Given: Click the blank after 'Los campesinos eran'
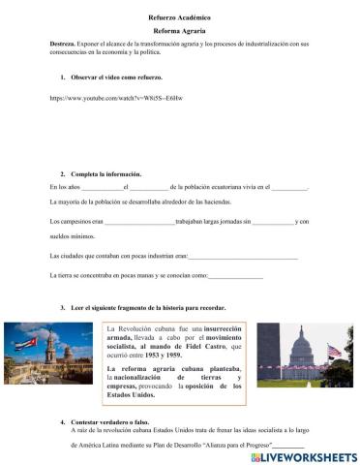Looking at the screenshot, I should [x=138, y=222].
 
